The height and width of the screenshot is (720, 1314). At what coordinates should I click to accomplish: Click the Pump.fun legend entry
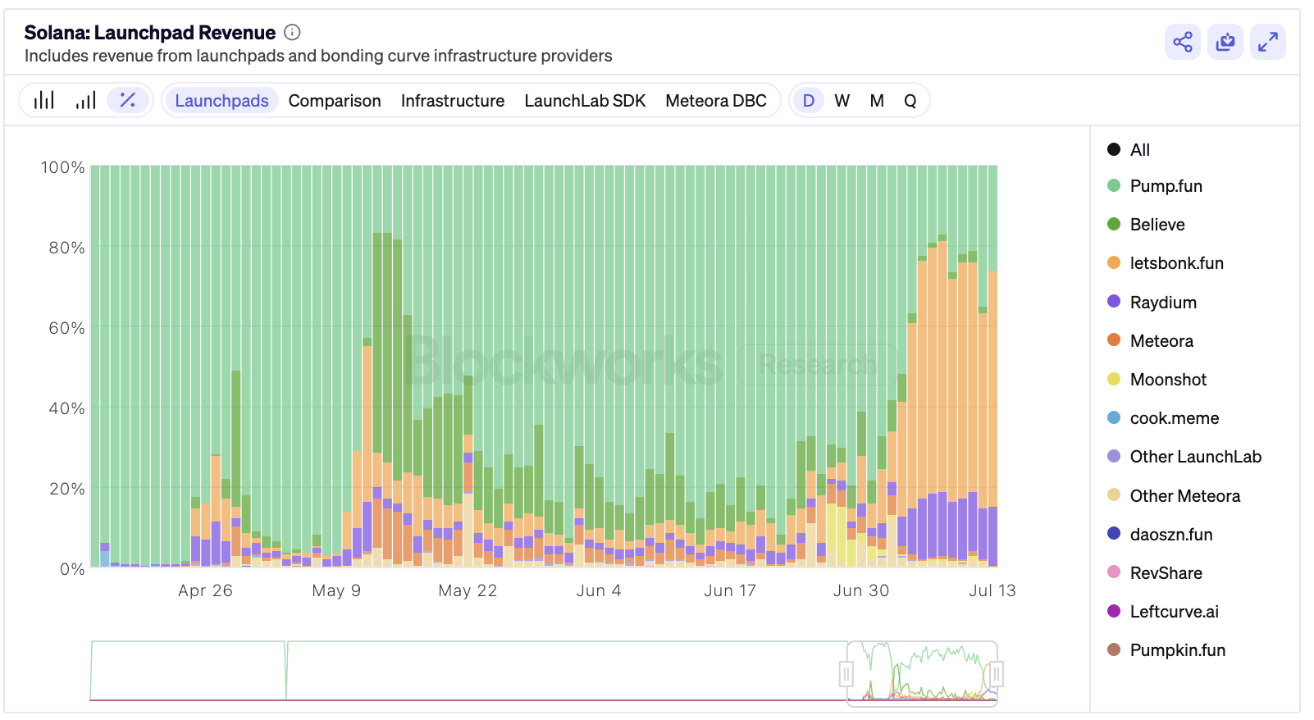(x=1165, y=186)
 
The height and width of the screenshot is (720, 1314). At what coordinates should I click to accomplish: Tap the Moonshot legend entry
(x=1167, y=380)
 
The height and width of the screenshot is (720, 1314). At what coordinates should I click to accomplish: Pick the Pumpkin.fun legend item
(x=1176, y=650)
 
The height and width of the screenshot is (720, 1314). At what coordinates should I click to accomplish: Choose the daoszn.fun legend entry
(x=1170, y=535)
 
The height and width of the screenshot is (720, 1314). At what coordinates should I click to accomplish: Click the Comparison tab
(x=335, y=101)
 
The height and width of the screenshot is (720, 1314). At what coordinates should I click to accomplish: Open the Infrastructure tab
(x=453, y=101)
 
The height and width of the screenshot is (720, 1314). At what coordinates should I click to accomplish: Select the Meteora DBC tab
(x=716, y=101)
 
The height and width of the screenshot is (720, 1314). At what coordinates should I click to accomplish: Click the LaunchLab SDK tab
(x=585, y=101)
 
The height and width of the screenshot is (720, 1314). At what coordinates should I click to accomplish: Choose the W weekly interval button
(x=842, y=101)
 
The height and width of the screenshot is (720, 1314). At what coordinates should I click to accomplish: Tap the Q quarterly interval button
(x=910, y=101)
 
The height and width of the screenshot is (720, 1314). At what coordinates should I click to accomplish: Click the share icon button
(x=1183, y=42)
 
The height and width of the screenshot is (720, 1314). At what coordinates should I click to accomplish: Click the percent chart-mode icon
(x=128, y=101)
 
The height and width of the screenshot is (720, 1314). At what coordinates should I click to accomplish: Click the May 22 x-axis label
(x=468, y=590)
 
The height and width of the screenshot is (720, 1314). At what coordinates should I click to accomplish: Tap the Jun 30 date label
(x=860, y=590)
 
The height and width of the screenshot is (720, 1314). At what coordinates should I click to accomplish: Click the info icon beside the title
(x=292, y=33)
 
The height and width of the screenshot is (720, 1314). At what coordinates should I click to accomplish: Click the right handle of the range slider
(x=997, y=674)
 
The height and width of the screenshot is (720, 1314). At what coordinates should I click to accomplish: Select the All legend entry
(x=1138, y=150)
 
